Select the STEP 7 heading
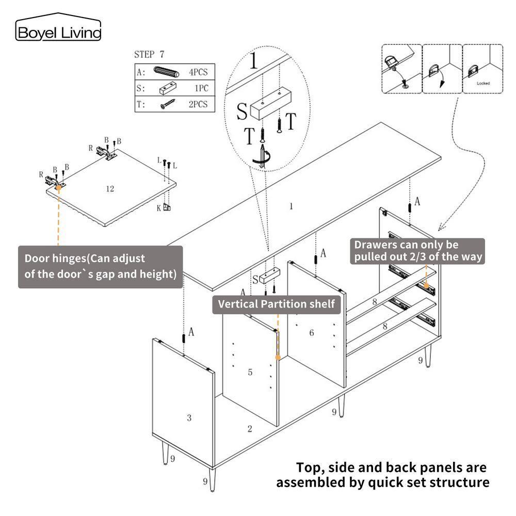tap(150, 54)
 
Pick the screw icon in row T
tap(167, 105)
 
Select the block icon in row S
tap(168, 88)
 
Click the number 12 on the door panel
tap(109, 189)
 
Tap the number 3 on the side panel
tap(189, 417)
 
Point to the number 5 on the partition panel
tap(250, 372)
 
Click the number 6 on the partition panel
tap(311, 333)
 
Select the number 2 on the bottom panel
tap(250, 428)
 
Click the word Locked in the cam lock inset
tap(483, 83)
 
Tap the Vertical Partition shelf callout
tap(276, 304)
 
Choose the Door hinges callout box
tap(101, 266)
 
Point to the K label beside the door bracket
tap(158, 207)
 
